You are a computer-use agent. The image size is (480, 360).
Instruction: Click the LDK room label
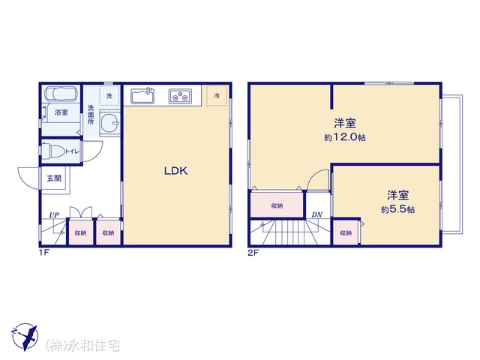point(175,171)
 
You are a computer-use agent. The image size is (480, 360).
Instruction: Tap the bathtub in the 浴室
point(60,93)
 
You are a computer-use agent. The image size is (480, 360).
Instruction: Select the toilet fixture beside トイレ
point(53,151)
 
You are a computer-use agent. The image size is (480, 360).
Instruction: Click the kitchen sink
point(142,96)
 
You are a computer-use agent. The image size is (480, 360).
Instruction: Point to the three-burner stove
point(180,96)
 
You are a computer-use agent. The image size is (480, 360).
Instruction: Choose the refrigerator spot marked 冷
point(217,96)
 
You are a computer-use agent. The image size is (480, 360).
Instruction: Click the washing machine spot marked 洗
point(109,96)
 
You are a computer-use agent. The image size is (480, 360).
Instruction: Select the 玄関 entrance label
point(54,178)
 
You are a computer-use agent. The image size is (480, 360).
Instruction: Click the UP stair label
point(54,215)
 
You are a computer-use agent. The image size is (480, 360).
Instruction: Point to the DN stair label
point(316,215)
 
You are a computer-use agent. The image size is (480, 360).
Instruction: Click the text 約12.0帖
point(345,137)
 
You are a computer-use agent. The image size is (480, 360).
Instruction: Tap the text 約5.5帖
point(397,209)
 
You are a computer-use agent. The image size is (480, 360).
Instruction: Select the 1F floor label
point(44,253)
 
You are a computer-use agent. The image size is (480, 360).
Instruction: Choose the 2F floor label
point(253,253)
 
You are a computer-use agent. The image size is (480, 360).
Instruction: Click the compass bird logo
point(25,337)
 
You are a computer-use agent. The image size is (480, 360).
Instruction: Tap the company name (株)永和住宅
point(82,346)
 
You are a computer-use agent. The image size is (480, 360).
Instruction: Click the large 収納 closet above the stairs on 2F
point(277,205)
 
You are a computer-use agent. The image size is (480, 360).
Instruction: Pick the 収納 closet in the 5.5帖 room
point(346,232)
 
